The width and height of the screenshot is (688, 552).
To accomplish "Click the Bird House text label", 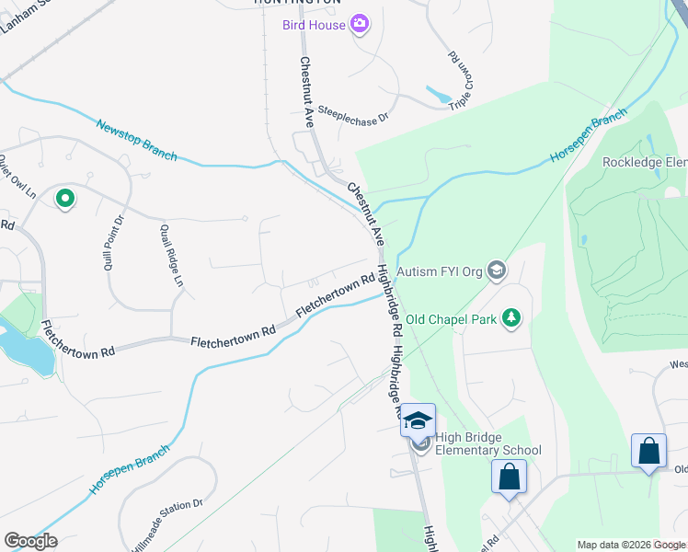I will (x=315, y=24).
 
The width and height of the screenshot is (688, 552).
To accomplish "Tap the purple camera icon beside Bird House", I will (x=360, y=24).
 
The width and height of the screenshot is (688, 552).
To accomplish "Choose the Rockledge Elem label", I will (x=644, y=163).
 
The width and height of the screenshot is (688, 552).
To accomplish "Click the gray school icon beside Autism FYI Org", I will (x=497, y=270).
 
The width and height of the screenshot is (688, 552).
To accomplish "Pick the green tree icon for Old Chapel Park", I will (x=511, y=319).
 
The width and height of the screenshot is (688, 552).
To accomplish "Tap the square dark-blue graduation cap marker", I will (x=418, y=420).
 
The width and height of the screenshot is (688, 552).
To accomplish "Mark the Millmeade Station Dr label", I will (x=166, y=525).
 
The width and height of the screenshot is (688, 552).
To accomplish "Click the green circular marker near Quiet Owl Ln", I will (x=64, y=198).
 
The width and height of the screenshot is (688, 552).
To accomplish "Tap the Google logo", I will (x=30, y=541).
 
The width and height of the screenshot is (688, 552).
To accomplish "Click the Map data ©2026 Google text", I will (x=630, y=545).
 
